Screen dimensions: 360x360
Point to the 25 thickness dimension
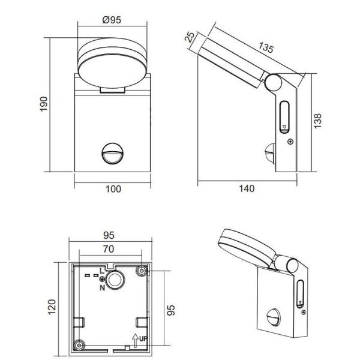coord(191,38)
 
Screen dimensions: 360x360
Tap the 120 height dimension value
coord(53,307)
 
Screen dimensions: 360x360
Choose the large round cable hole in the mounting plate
coord(117,280)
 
